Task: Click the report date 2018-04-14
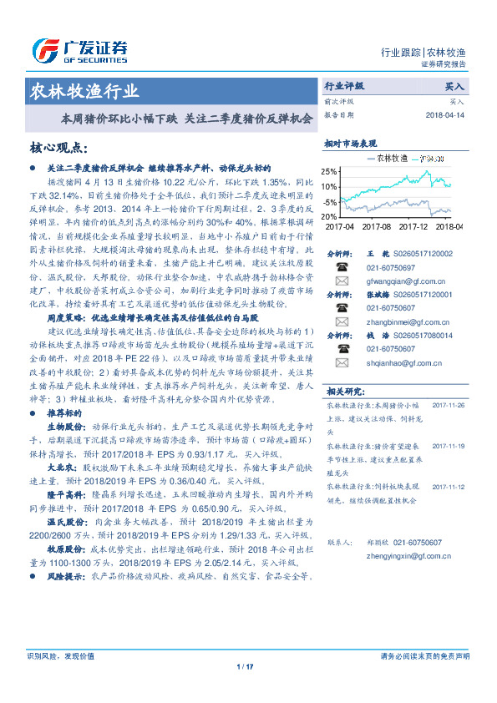tap(445, 114)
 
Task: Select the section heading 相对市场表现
tap(350, 143)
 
